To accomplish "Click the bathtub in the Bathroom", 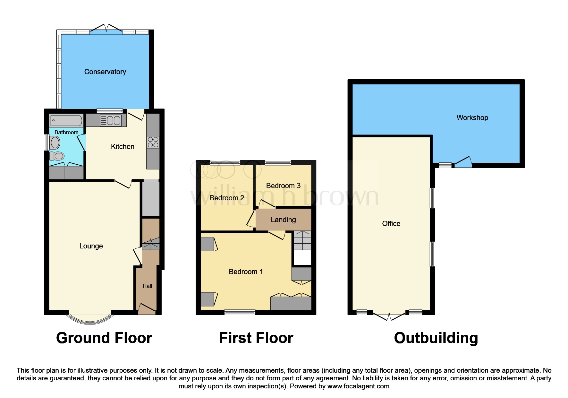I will [66, 121].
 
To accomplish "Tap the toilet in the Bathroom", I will [57, 156].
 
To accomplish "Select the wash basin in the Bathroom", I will [55, 143].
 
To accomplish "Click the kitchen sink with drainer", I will [111, 121].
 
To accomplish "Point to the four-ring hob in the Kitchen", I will [153, 142].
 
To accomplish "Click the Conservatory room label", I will [105, 72].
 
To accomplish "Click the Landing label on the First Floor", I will [283, 220].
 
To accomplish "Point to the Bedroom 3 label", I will [283, 186].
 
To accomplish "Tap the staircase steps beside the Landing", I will [302, 240].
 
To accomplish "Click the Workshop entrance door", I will [463, 162].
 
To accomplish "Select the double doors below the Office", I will [389, 316].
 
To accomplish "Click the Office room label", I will [391, 224].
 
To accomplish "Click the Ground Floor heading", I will [104, 338].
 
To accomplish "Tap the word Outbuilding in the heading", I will [436, 338].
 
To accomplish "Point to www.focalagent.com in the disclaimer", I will [358, 386].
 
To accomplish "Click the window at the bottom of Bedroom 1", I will [240, 312].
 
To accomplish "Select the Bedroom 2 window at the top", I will [225, 163].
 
